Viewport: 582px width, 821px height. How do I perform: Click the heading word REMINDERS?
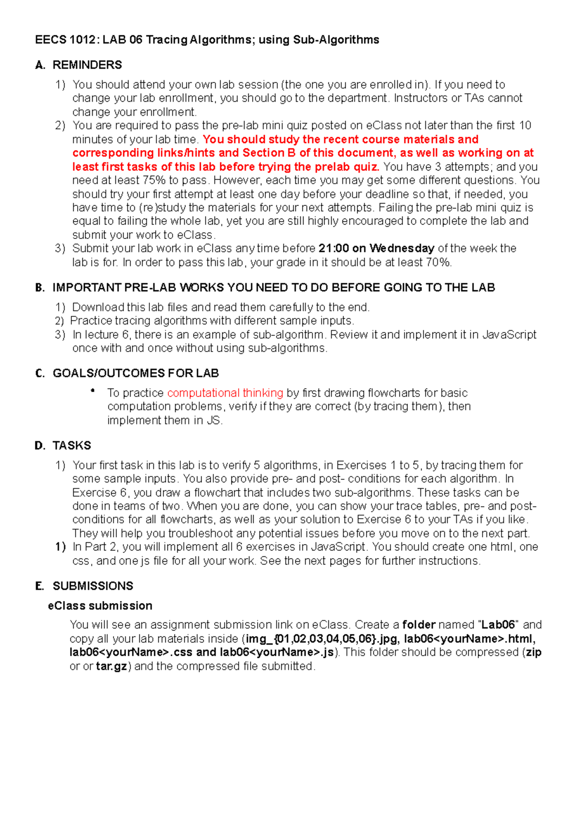point(87,65)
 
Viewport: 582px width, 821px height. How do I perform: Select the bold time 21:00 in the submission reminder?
point(334,249)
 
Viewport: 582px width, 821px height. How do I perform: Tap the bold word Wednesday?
point(402,249)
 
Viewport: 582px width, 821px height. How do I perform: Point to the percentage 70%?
point(438,263)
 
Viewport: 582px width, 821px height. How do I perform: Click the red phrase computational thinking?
point(225,393)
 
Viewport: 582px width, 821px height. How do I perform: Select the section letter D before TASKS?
point(39,446)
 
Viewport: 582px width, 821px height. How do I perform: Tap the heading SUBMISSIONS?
point(93,586)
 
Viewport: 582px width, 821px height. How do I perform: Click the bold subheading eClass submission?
point(100,606)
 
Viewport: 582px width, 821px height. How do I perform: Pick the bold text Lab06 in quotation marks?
point(498,625)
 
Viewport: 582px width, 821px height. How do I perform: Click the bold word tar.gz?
point(112,666)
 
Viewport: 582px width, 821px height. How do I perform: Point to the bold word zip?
point(533,652)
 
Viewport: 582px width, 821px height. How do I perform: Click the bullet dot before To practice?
point(92,391)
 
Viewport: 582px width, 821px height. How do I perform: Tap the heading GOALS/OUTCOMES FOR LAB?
point(136,374)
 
